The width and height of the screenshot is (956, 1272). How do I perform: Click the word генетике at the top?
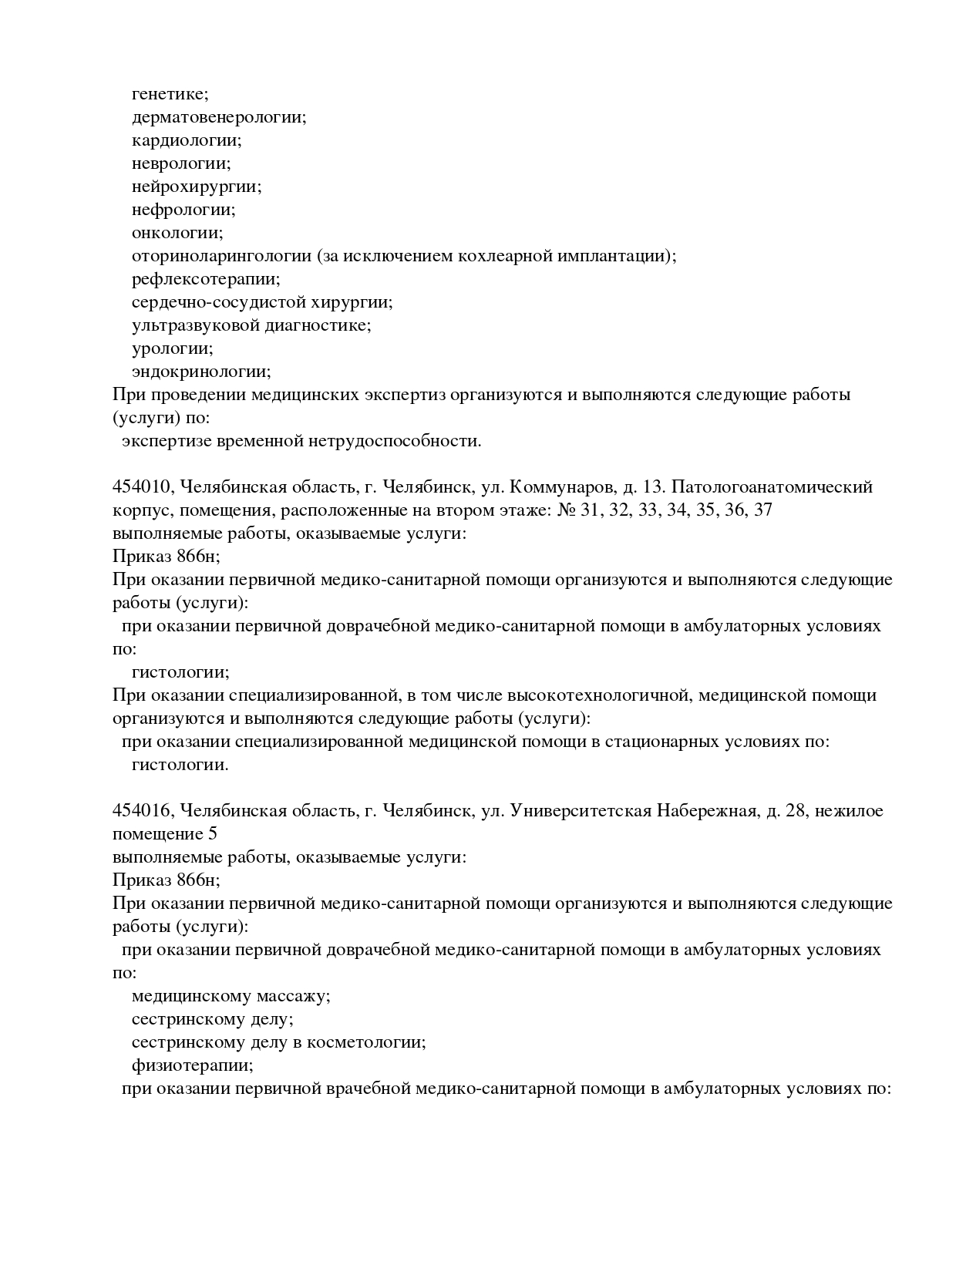pyautogui.click(x=170, y=94)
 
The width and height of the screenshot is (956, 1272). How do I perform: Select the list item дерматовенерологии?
pyautogui.click(x=219, y=117)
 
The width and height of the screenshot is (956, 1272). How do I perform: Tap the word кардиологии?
pyautogui.click(x=187, y=140)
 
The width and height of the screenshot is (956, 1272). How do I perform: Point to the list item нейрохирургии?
pyautogui.click(x=197, y=187)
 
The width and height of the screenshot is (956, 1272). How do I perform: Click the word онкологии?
pyautogui.click(x=177, y=233)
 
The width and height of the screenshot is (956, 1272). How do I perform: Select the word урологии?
pyautogui.click(x=172, y=348)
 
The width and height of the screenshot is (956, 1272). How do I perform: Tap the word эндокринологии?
pyautogui.click(x=201, y=372)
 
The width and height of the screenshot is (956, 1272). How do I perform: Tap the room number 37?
pyautogui.click(x=762, y=510)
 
